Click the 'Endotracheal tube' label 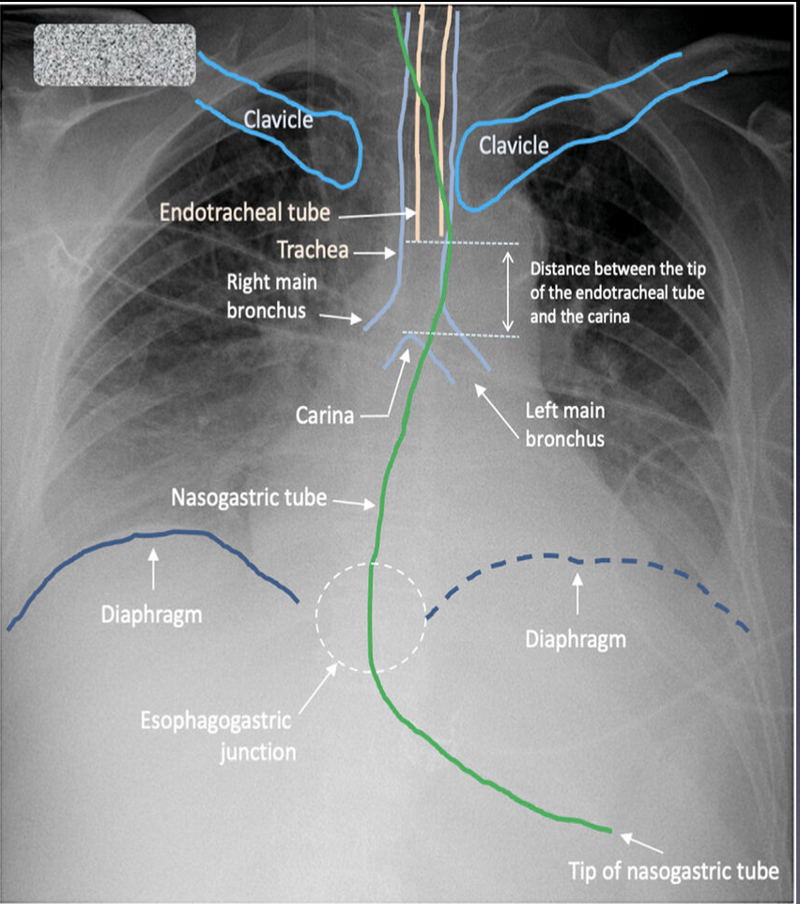[x=244, y=212]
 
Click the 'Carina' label [x=323, y=414]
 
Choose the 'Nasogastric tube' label [x=250, y=498]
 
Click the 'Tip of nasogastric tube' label [x=673, y=870]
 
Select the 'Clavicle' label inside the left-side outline [x=278, y=119]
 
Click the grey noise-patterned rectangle [x=114, y=55]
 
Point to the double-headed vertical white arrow [x=508, y=288]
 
